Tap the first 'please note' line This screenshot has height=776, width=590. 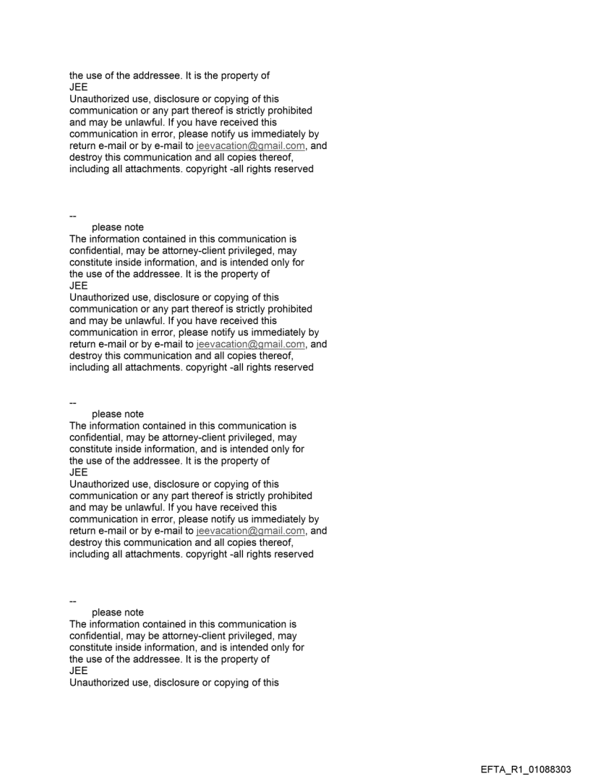click(x=118, y=227)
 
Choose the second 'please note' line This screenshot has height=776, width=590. click(x=118, y=414)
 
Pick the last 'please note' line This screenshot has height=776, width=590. click(x=118, y=613)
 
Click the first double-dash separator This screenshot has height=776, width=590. click(x=72, y=216)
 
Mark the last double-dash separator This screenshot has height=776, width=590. click(x=72, y=600)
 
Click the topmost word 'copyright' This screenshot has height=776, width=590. click(x=213, y=169)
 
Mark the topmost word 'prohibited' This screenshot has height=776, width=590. click(x=288, y=111)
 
